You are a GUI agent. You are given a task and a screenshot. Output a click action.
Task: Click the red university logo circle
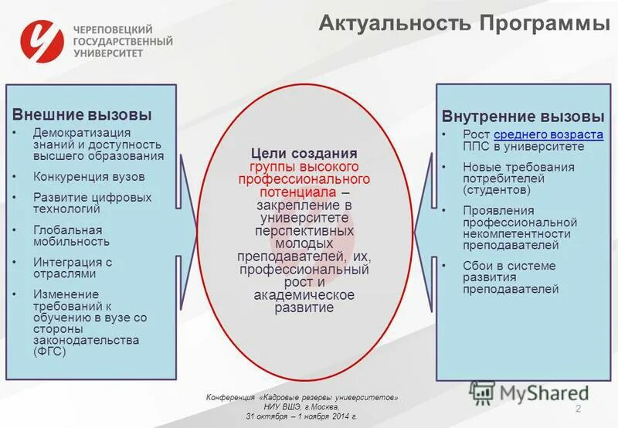pyautogui.click(x=41, y=40)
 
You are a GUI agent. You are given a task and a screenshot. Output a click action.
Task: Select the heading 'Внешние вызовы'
pyautogui.click(x=82, y=115)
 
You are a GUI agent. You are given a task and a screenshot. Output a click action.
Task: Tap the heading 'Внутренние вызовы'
pyautogui.click(x=523, y=117)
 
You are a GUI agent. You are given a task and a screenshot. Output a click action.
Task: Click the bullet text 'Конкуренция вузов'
pyautogui.click(x=89, y=176)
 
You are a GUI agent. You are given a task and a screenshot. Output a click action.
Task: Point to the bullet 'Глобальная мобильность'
pyautogui.click(x=67, y=236)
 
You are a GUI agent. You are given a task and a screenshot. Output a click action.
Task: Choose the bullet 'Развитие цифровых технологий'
pyautogui.click(x=92, y=202)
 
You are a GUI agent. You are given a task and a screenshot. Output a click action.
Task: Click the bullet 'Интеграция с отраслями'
pyautogui.click(x=73, y=267)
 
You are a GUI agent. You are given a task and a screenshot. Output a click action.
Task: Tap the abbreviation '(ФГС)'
pyautogui.click(x=50, y=351)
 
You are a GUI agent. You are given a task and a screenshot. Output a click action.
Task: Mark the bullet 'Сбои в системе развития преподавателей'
pyautogui.click(x=510, y=277)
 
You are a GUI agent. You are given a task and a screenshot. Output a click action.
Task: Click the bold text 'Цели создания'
pyautogui.click(x=304, y=153)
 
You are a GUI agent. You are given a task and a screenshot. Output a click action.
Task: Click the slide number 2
pyautogui.click(x=577, y=407)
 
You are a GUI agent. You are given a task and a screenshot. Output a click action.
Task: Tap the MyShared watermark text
pyautogui.click(x=544, y=392)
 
